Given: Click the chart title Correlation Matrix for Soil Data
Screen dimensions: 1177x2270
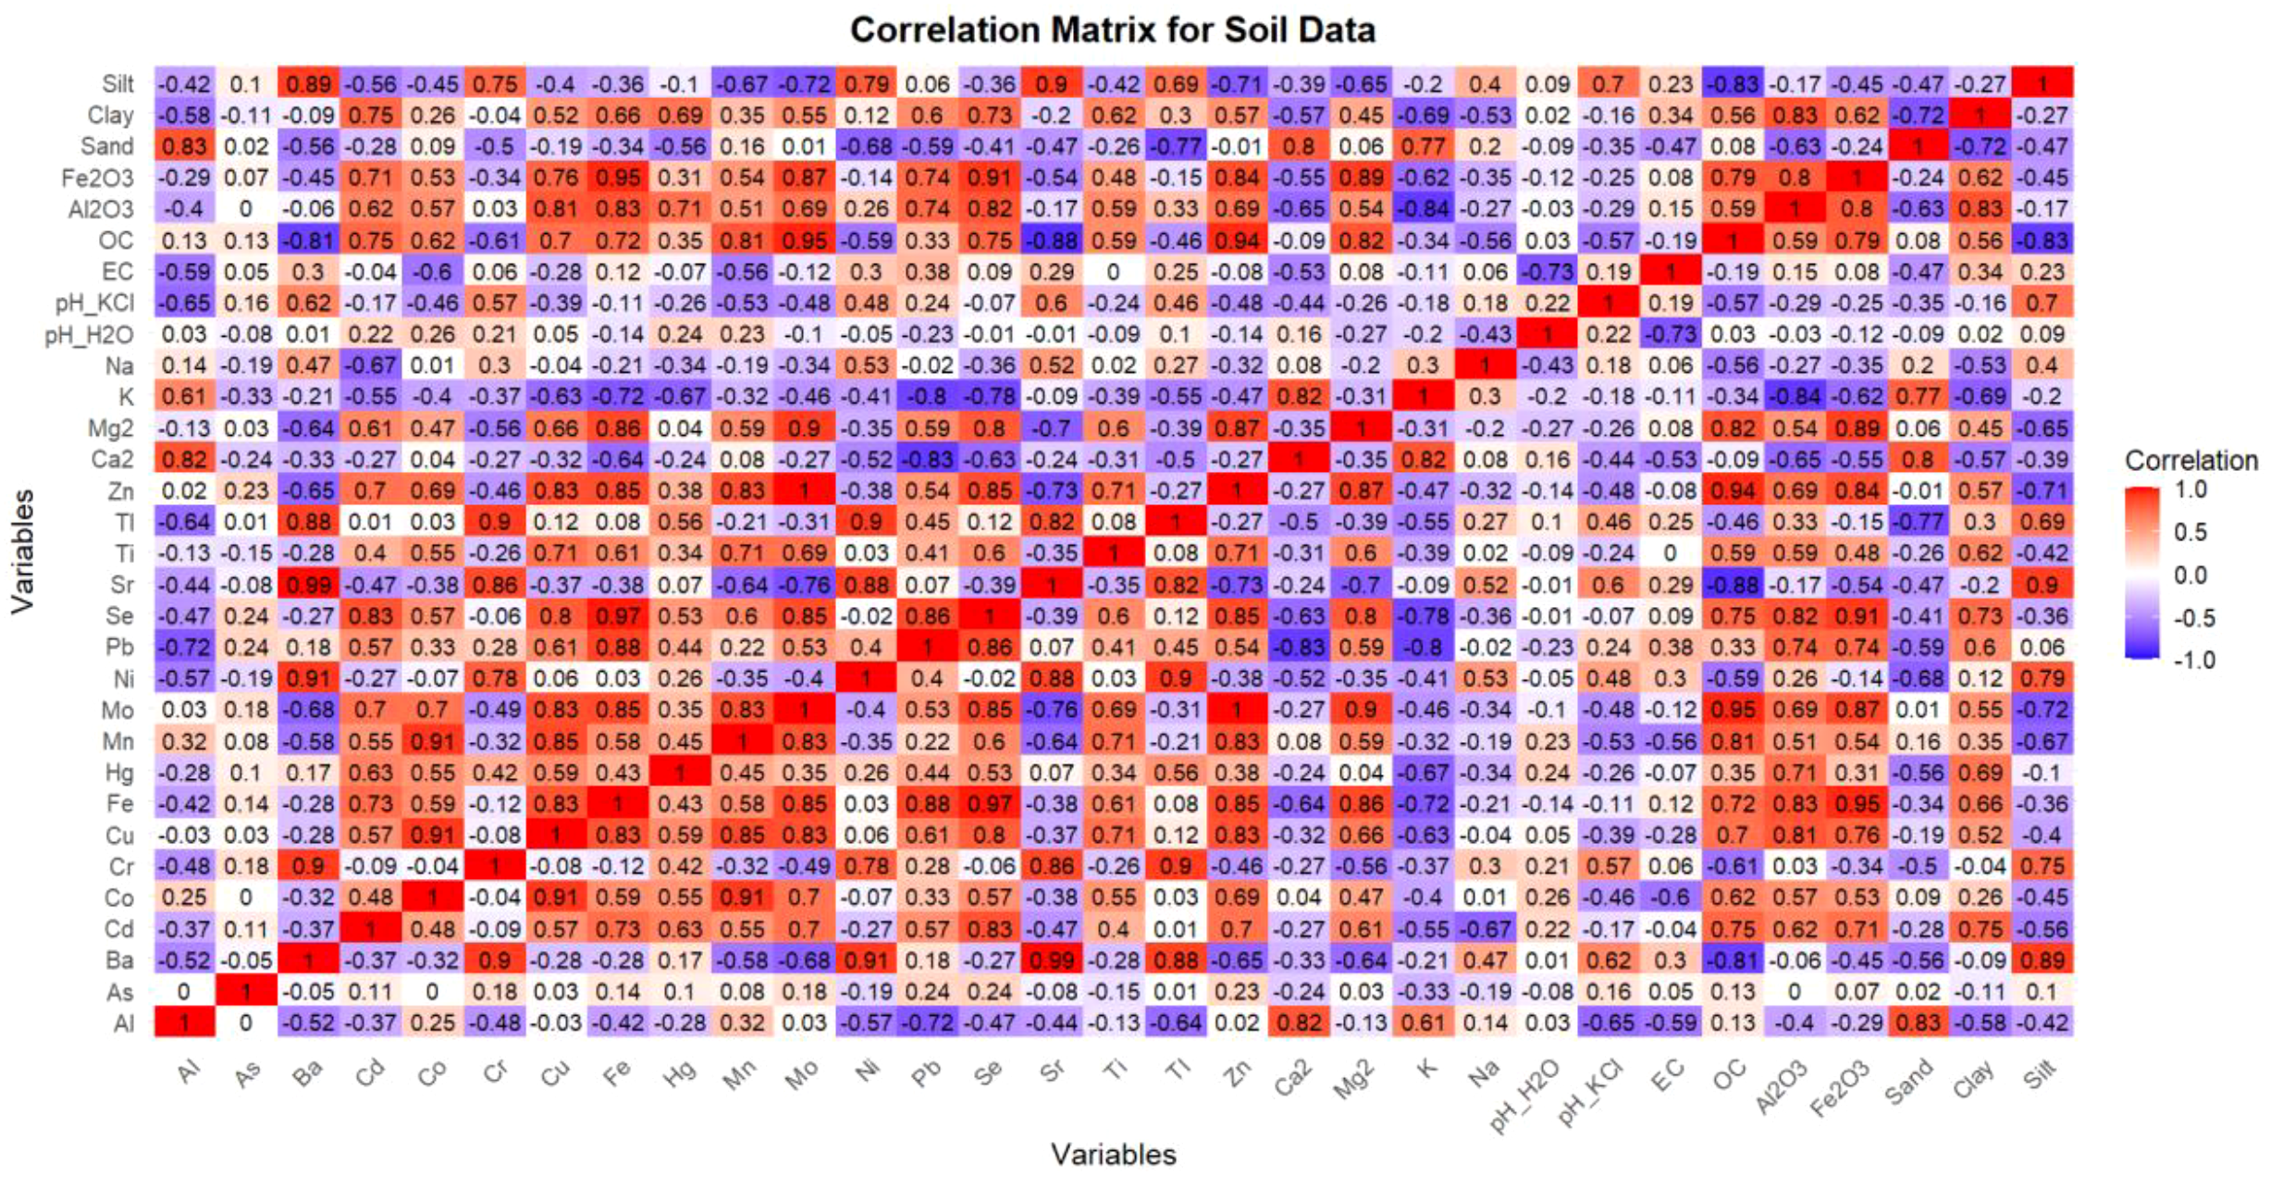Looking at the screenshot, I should tap(1112, 31).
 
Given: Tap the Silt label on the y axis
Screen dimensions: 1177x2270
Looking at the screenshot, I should tap(117, 83).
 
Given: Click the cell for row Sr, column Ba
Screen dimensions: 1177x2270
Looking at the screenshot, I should tap(308, 585).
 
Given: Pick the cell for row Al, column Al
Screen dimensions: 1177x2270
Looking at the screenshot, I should tap(184, 1022).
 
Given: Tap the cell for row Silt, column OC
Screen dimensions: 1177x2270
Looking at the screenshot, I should tap(1733, 83).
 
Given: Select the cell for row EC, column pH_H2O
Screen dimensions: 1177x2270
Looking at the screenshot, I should tap(1547, 271).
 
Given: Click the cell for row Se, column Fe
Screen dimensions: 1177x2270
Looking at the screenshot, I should tap(618, 615).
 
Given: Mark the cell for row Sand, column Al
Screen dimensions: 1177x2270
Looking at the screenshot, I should tap(184, 146).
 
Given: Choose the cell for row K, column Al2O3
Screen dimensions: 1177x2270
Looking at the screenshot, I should tap(1795, 396).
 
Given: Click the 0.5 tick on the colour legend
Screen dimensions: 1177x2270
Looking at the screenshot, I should tap(2190, 532).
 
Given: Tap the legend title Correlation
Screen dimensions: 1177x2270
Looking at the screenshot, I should tap(2190, 460).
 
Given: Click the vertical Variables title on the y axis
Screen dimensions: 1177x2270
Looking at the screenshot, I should tap(22, 551).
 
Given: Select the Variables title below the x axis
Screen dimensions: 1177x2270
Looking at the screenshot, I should tap(1113, 1154).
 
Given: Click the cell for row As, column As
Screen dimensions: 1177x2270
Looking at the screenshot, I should tap(246, 991).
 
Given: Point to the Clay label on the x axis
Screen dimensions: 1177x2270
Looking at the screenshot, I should tap(1974, 1079).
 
